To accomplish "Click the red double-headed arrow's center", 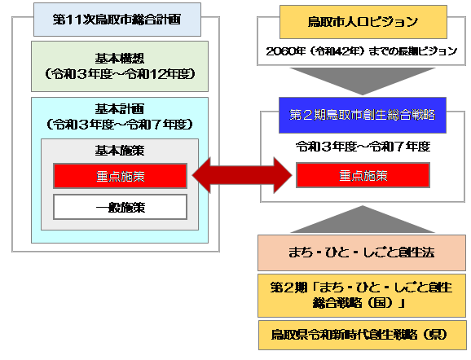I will click(242, 175).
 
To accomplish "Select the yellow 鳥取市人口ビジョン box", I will click(363, 20).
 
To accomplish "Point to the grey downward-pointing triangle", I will click(363, 81).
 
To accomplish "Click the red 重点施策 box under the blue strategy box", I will click(363, 175).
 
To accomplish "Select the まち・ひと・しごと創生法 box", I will click(363, 253).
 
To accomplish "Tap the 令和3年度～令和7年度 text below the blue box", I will click(363, 147).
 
